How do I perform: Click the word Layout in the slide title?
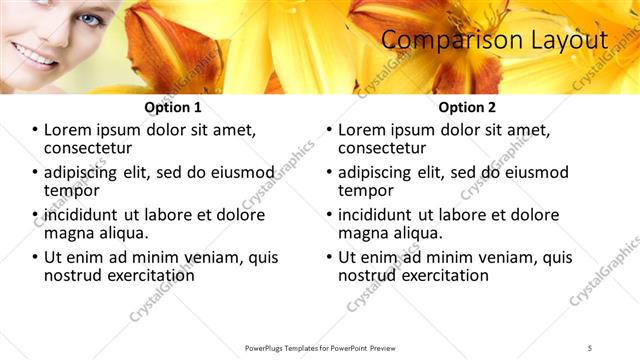coord(568,40)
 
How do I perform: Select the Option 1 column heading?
coord(173,107)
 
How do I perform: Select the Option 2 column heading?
coord(467,107)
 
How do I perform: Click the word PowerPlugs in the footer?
coord(267,347)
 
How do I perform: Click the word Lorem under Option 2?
coord(362,130)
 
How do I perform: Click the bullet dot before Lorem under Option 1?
coord(36,131)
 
